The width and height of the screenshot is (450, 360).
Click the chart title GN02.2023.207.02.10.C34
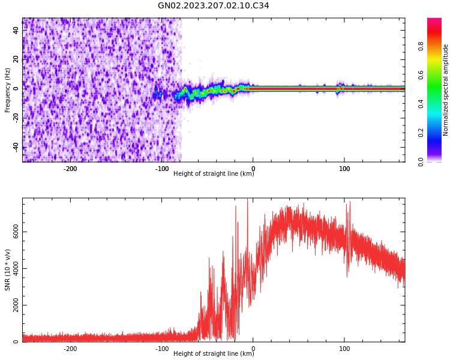[214, 6]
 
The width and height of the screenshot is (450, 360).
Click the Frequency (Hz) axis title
[8, 90]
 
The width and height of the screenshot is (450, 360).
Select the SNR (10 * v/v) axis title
[8, 269]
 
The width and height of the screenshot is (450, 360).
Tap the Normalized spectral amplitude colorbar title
[446, 90]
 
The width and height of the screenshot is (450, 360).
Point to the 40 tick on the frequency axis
[16, 30]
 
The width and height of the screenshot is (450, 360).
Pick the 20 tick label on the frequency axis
[16, 59]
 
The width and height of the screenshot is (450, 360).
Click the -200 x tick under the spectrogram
[70, 169]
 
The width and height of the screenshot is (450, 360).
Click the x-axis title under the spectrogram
[214, 174]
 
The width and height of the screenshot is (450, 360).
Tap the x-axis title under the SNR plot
[214, 354]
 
